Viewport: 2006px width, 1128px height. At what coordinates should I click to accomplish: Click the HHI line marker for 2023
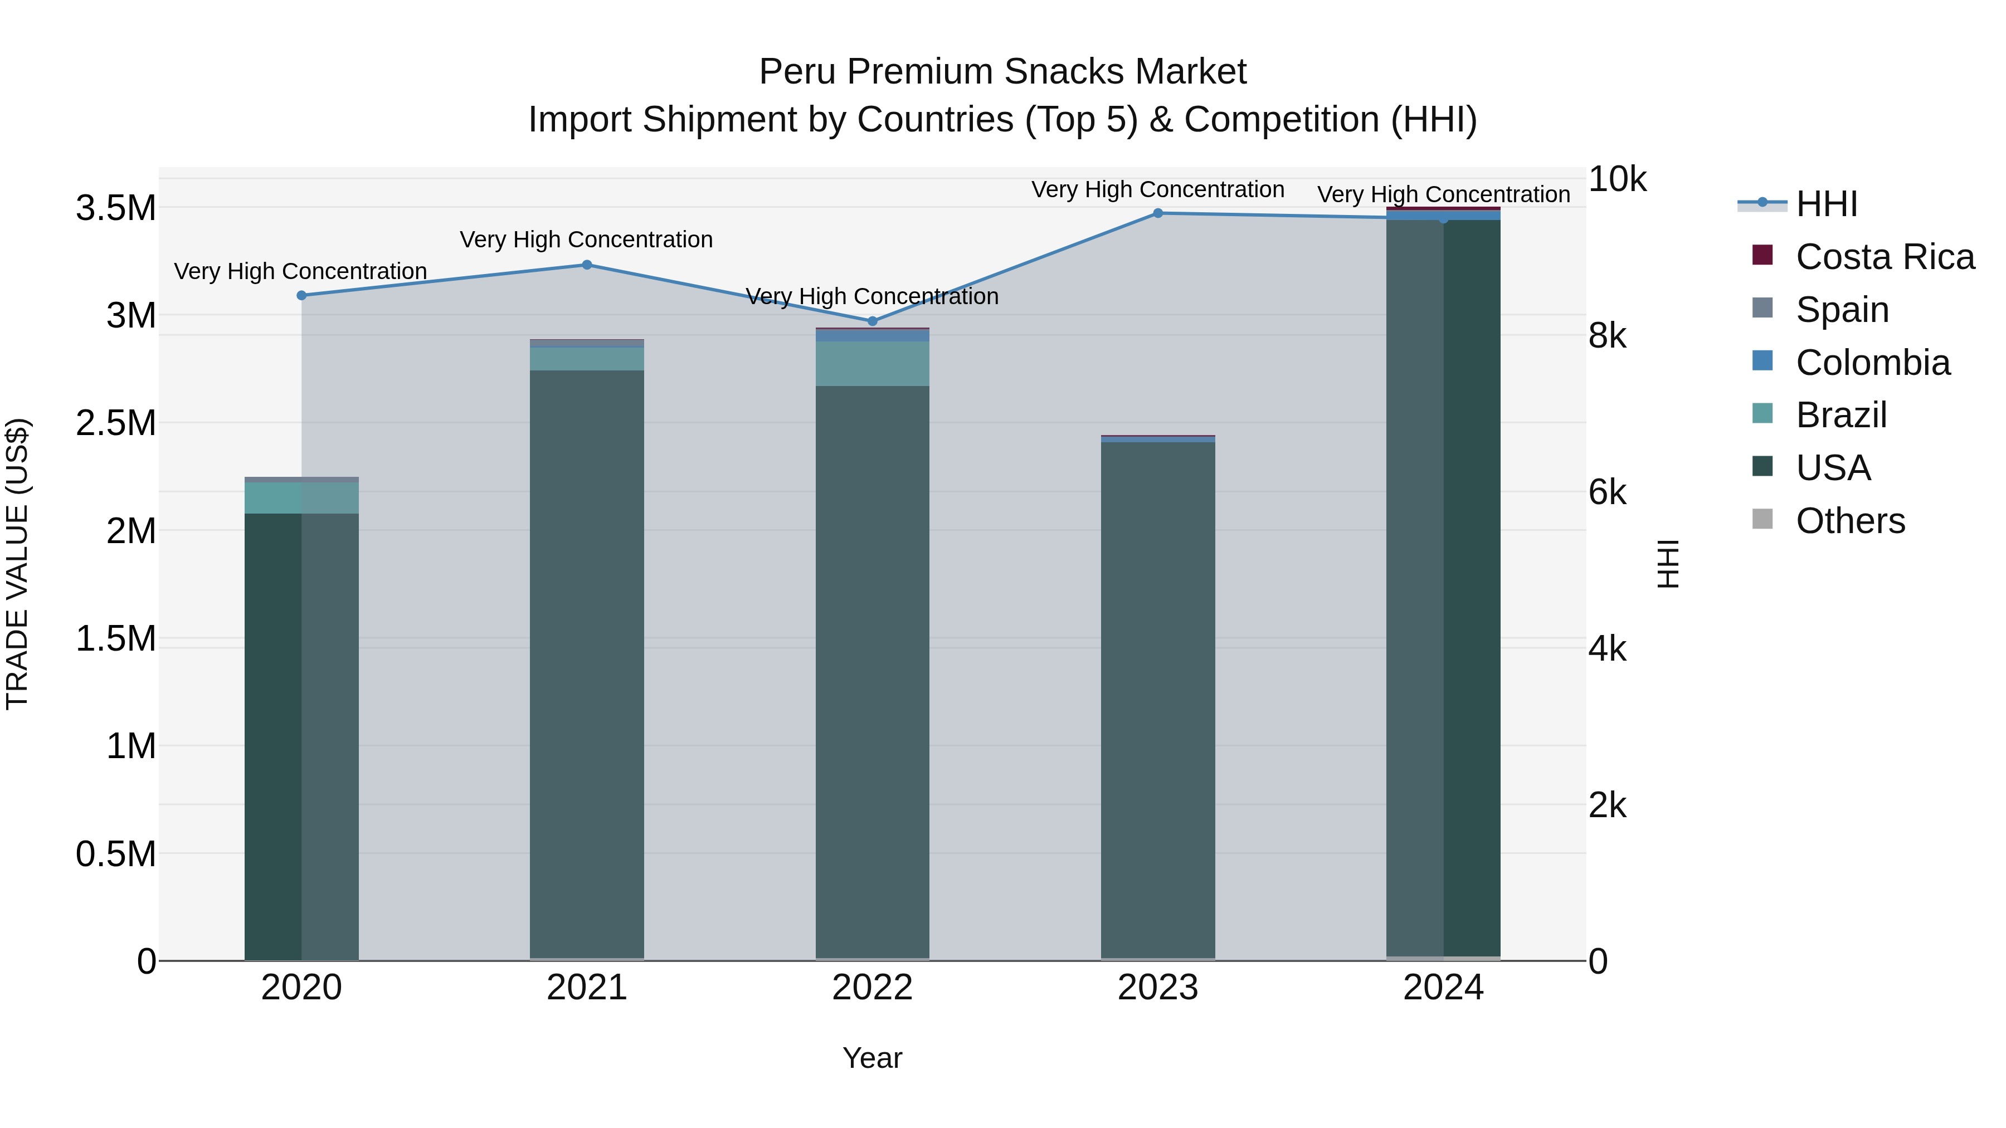[x=1157, y=213]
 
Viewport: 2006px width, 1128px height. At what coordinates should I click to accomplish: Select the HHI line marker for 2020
[x=301, y=296]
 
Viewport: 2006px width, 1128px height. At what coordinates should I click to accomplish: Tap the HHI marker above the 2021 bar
[x=587, y=265]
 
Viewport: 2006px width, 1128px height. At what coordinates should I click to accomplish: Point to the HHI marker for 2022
[x=872, y=321]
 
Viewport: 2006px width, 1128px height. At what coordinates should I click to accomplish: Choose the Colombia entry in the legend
[x=1872, y=363]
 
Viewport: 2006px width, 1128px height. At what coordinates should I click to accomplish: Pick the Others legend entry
[x=1850, y=521]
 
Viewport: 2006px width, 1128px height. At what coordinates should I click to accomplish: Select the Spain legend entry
[x=1842, y=310]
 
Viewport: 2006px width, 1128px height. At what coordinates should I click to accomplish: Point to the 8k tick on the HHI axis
[x=1607, y=336]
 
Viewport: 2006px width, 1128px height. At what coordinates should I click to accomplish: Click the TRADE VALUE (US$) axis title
[x=17, y=564]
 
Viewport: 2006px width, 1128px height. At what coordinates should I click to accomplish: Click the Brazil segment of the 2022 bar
[x=872, y=364]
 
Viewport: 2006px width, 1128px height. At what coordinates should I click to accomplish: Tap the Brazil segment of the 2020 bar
[x=301, y=498]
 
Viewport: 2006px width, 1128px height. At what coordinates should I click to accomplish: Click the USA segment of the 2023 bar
[x=1157, y=701]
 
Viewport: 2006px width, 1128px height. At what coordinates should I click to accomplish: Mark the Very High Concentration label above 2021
[x=586, y=240]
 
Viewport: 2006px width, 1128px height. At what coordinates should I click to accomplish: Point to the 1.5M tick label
[x=115, y=639]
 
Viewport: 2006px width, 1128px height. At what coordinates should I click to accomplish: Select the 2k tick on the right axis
[x=1607, y=805]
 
